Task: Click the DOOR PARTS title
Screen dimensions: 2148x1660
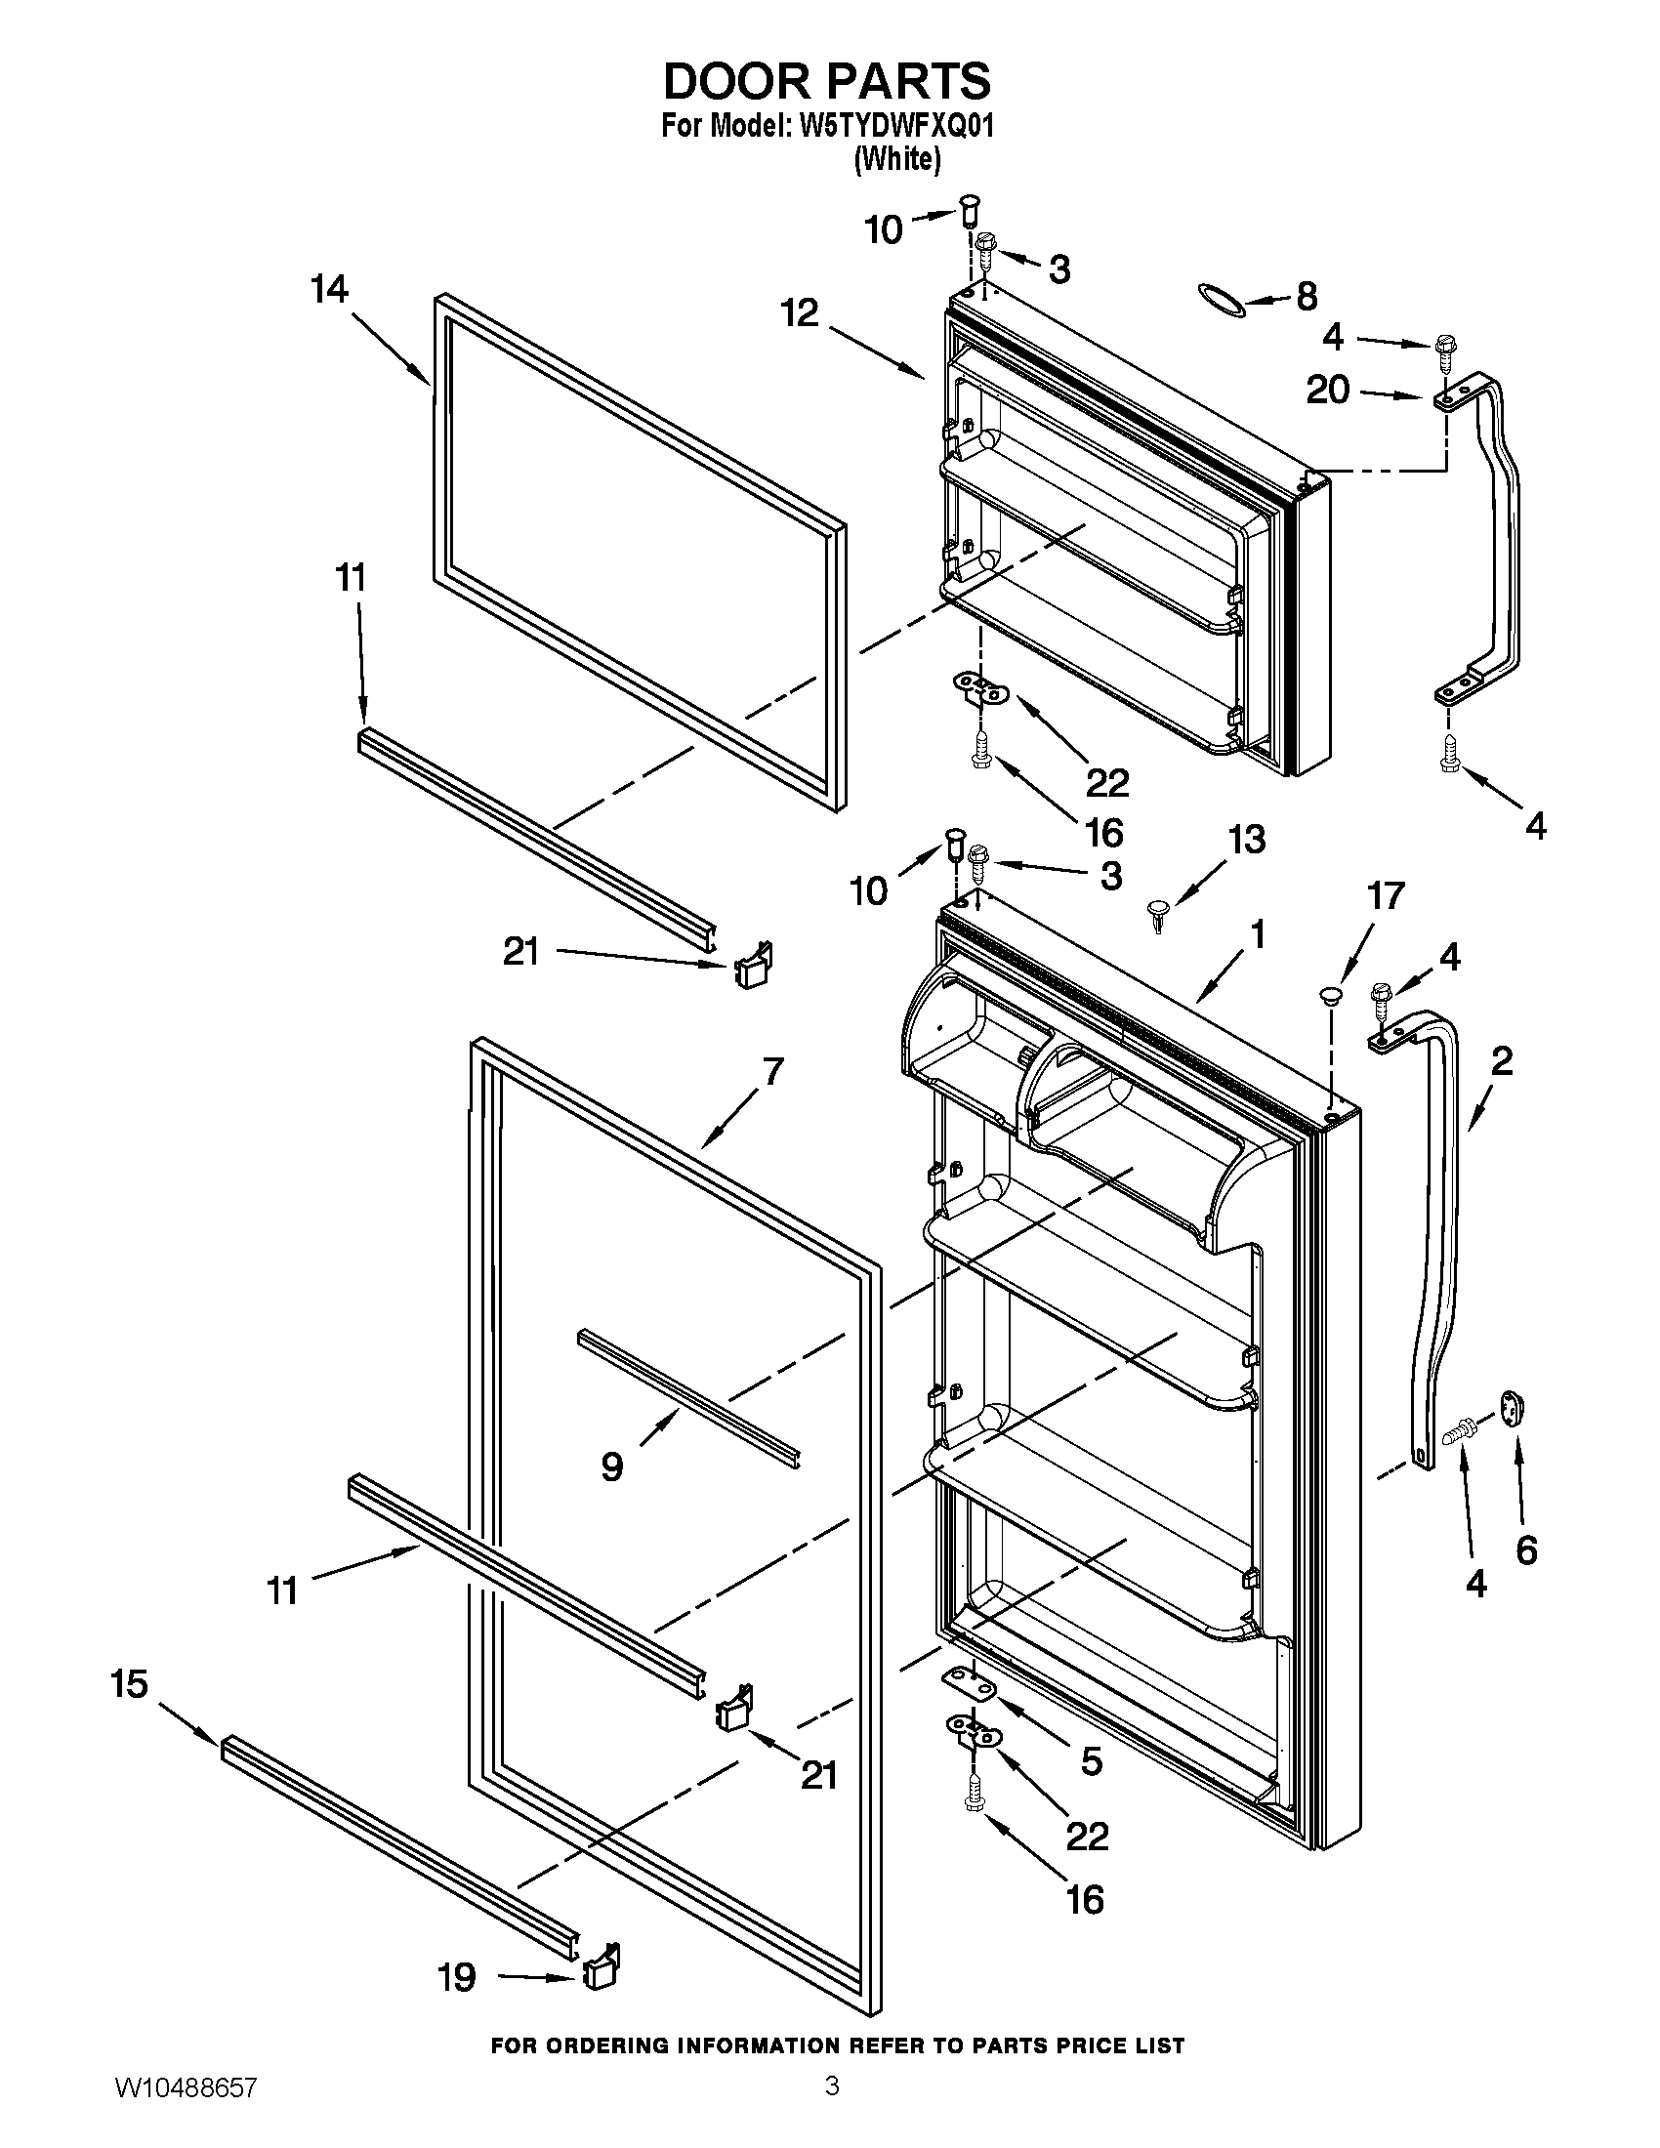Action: tap(827, 82)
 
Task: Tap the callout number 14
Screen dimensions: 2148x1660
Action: tap(329, 290)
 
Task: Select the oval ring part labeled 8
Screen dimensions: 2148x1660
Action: tap(1223, 298)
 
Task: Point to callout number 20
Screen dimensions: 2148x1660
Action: tap(1328, 392)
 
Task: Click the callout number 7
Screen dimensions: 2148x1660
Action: tap(773, 1071)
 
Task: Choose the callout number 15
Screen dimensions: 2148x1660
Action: tap(128, 1684)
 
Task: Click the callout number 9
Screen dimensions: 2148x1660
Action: tap(611, 1495)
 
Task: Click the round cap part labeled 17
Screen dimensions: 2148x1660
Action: tap(1331, 997)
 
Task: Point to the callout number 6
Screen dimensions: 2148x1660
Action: tap(1525, 1551)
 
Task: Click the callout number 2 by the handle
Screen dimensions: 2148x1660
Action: tap(1501, 1061)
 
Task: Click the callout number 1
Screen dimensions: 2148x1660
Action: tap(1256, 934)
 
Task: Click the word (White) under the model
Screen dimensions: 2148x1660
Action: tap(896, 159)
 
